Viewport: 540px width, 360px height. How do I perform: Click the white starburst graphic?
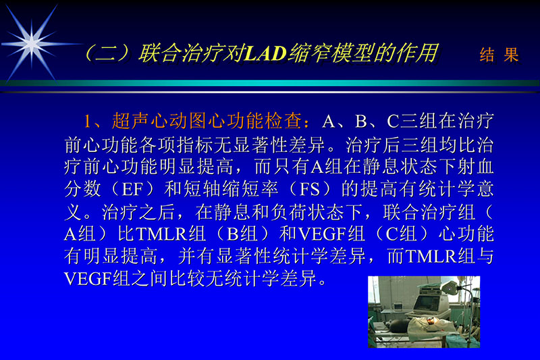point(30,42)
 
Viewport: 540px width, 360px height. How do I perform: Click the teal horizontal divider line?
point(270,83)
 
